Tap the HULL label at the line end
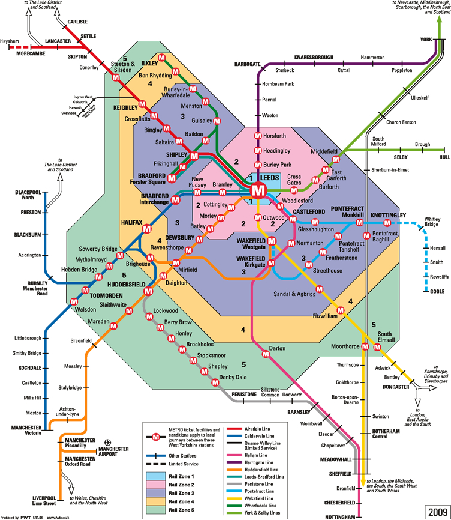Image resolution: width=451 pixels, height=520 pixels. (444, 156)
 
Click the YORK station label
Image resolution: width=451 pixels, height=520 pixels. (426, 39)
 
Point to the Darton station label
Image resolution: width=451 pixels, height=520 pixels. (277, 348)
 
